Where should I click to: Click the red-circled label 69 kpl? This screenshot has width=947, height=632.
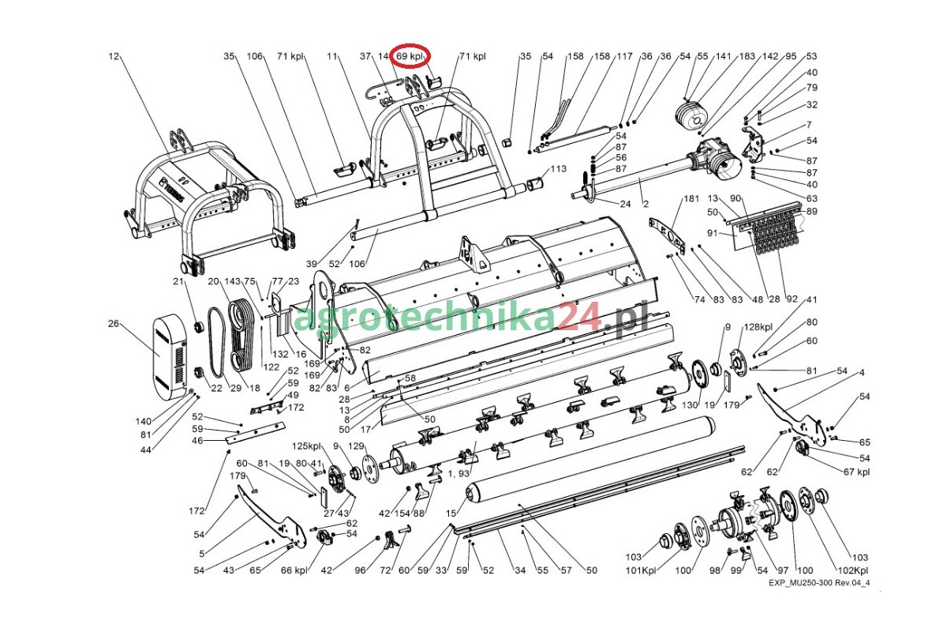[409, 56]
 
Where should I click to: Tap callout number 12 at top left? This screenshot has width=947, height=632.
[114, 56]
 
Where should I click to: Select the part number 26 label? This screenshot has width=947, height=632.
[114, 323]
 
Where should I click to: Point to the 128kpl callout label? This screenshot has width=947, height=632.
[758, 327]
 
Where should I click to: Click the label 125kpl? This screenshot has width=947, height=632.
[306, 446]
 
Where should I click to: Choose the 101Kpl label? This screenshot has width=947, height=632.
[641, 570]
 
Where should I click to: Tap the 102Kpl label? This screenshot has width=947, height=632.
[853, 570]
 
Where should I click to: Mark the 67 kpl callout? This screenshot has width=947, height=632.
[856, 472]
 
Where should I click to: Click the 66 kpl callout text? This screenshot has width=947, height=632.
[294, 570]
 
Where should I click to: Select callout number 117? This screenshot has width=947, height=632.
[624, 56]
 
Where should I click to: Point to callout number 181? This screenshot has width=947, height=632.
[691, 198]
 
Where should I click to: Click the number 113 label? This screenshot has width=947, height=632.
[558, 168]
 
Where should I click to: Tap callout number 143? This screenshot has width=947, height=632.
[232, 281]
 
